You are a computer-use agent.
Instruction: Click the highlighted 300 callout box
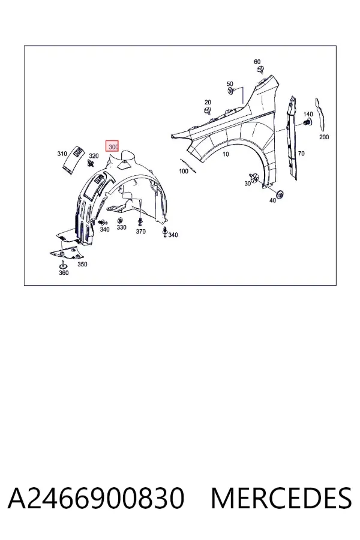(112, 146)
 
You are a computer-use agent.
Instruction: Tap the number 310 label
(62, 154)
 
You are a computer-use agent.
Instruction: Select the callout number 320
(94, 156)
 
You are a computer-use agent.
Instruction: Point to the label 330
(121, 227)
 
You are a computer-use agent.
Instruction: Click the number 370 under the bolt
(140, 232)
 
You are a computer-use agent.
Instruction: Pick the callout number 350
(82, 264)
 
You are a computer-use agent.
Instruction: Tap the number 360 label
(64, 273)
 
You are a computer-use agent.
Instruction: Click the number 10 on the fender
(226, 154)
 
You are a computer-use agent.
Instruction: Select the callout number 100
(184, 171)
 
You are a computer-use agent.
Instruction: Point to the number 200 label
(324, 137)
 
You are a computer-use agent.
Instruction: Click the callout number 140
(308, 114)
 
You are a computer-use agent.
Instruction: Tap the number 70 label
(301, 153)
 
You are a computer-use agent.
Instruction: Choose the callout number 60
(257, 62)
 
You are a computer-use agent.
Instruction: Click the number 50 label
(230, 83)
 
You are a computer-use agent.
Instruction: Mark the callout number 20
(208, 102)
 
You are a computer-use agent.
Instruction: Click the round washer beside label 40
(280, 194)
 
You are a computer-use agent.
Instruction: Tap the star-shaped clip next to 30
(255, 178)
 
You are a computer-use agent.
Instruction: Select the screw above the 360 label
(62, 265)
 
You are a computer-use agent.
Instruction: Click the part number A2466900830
(96, 498)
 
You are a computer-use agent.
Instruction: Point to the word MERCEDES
(281, 498)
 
